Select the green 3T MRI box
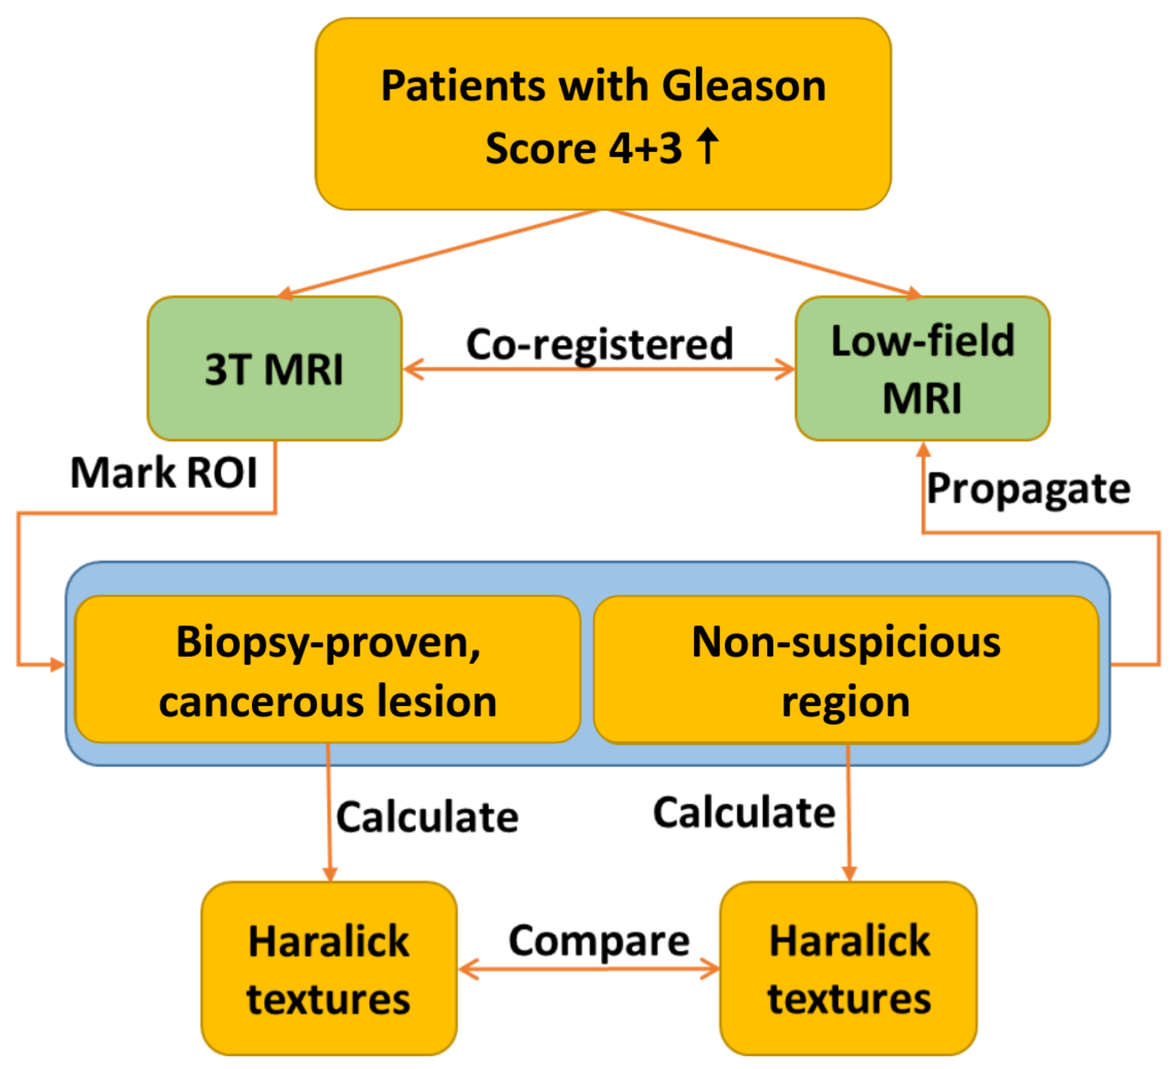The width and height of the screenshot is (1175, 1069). tap(274, 369)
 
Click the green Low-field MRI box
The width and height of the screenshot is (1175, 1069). tap(923, 369)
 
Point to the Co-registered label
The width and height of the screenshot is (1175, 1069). tap(599, 344)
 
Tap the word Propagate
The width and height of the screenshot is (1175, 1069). tap(1029, 488)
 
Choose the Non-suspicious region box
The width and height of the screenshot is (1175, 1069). tap(846, 670)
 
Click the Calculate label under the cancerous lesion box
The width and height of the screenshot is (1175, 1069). tap(427, 817)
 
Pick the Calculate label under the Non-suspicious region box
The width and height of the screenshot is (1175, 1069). tap(744, 813)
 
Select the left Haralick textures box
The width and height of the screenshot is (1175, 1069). tap(329, 969)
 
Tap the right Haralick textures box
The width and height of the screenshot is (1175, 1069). tap(849, 969)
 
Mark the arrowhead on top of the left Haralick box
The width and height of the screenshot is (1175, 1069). tap(330, 875)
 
